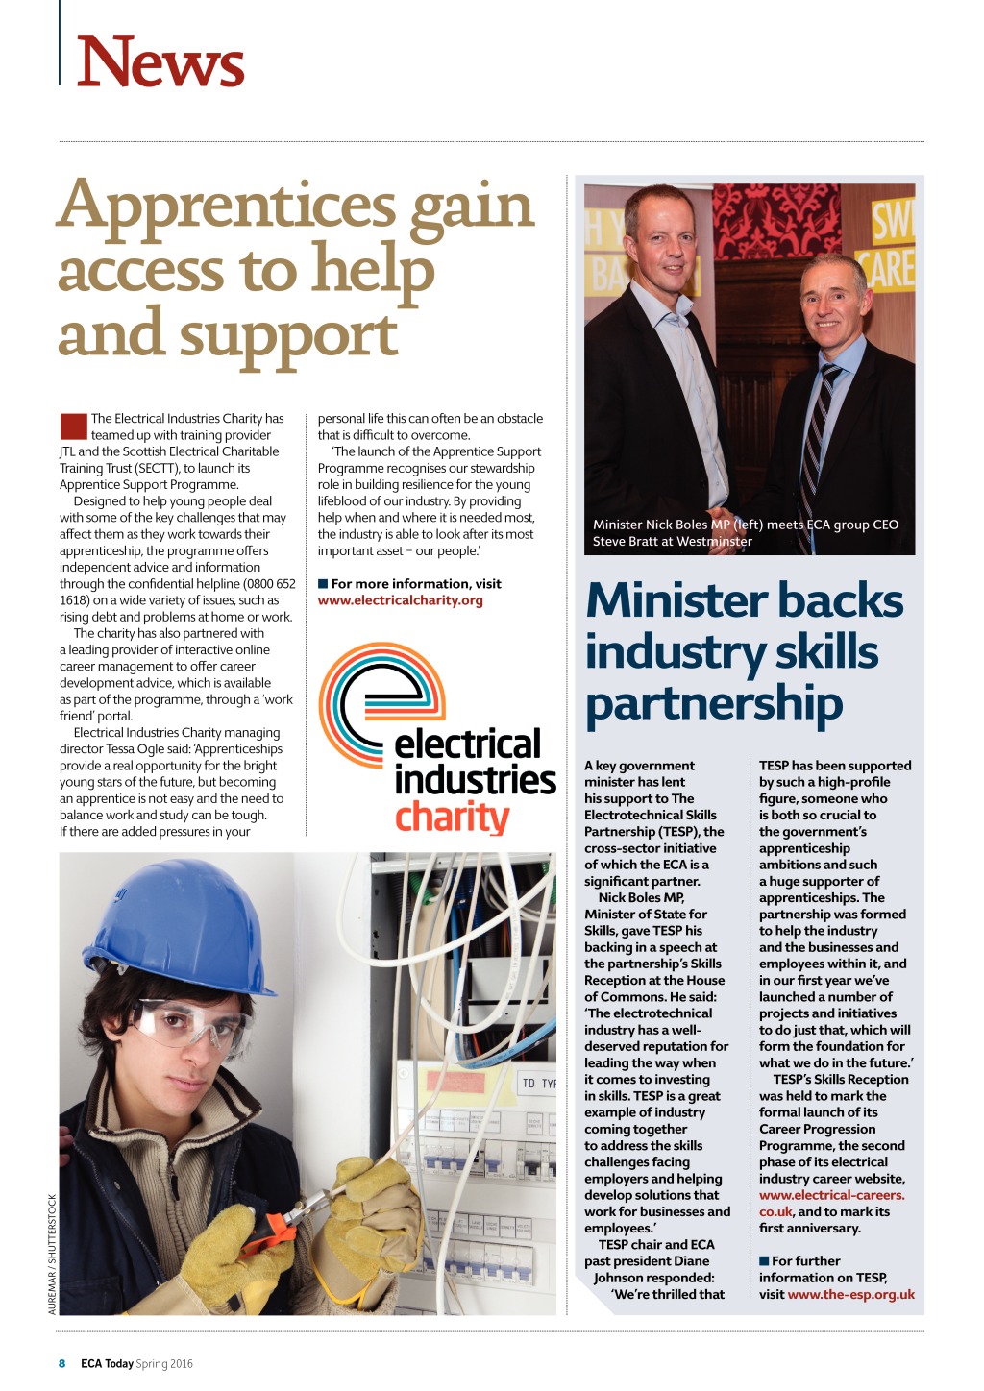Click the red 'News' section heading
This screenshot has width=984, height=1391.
pos(160,61)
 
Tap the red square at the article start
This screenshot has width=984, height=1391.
pos(73,426)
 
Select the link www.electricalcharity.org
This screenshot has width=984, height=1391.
pos(401,600)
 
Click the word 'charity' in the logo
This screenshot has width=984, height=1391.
pos(452,817)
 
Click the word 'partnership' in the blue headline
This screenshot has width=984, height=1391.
pos(714,703)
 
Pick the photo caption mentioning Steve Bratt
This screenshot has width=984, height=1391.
pos(746,533)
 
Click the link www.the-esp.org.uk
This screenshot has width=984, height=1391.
pos(850,1294)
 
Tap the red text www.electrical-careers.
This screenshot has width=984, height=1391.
pos(831,1195)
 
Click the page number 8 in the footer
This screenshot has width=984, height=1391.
pos(62,1363)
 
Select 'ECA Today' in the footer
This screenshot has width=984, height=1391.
pos(107,1363)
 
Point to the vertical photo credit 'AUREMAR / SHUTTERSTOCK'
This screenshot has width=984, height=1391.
pos(52,1253)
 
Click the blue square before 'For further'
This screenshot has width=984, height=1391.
pos(764,1260)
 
